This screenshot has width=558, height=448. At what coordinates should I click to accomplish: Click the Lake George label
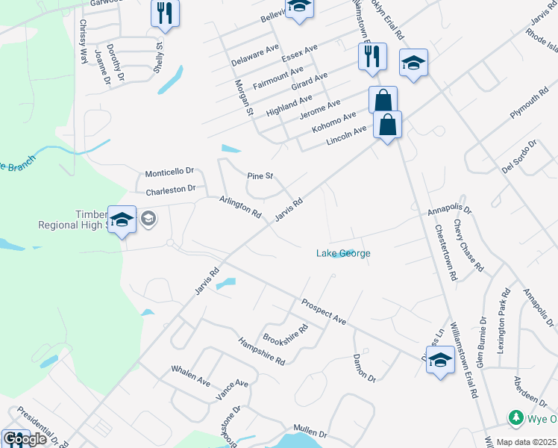coord(343,253)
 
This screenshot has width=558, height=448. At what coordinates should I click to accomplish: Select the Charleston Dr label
coord(170,190)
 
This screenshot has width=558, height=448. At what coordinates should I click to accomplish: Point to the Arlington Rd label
coord(240,207)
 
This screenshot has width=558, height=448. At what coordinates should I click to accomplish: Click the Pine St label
coord(260,176)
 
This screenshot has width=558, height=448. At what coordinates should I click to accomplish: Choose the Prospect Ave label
coord(324,312)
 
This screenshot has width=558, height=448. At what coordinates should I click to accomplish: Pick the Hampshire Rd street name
coord(261,351)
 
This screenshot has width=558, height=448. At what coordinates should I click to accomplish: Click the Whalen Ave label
coord(191,375)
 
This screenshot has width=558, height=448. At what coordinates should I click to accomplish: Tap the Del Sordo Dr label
coord(519,156)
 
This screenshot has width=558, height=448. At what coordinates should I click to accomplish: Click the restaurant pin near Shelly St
coord(165,13)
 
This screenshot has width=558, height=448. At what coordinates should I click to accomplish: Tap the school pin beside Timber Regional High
coord(122,220)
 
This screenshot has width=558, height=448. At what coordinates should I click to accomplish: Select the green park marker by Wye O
coord(514,417)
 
